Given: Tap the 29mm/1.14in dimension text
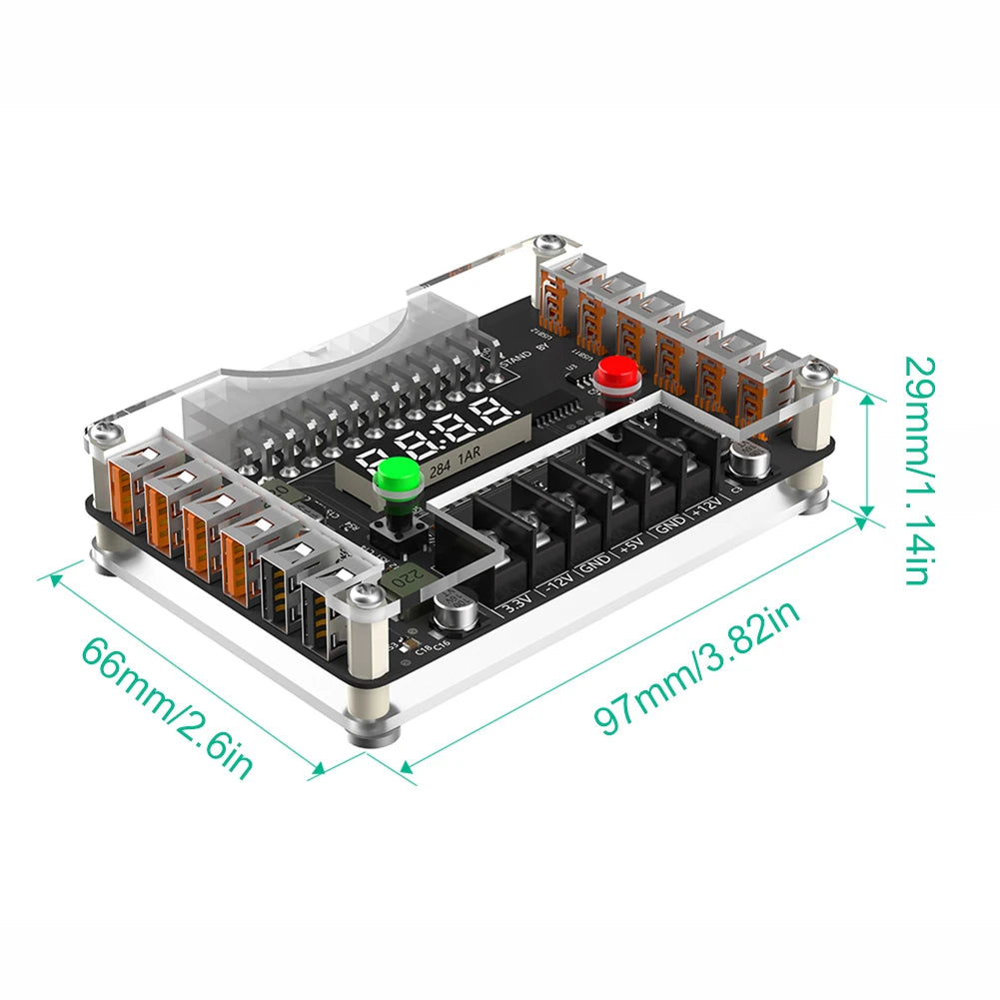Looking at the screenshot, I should (919, 469).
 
